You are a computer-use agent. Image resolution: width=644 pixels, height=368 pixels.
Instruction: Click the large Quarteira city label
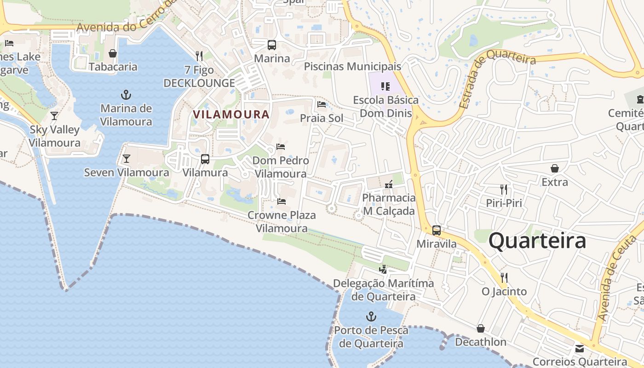click(537, 241)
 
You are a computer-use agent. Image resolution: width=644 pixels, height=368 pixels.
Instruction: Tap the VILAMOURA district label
click(231, 114)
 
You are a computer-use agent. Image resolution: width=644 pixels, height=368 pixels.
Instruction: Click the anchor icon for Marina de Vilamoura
click(126, 95)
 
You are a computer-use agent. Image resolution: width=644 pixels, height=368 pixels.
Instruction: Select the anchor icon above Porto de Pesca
click(371, 316)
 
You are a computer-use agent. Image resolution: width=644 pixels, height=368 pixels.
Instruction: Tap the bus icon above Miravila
click(437, 230)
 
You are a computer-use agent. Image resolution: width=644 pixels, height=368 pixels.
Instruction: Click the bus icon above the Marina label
click(272, 45)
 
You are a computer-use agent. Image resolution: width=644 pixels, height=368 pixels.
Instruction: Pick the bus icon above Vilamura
click(205, 159)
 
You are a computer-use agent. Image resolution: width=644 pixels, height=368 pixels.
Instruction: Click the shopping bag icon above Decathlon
click(481, 328)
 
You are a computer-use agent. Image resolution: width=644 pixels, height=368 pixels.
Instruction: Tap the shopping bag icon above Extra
click(555, 168)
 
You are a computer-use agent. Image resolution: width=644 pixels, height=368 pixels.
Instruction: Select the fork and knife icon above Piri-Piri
click(504, 189)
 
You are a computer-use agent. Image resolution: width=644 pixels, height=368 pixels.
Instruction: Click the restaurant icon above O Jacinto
click(504, 277)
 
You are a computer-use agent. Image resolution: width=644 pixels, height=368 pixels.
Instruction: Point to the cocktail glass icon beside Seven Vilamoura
click(126, 159)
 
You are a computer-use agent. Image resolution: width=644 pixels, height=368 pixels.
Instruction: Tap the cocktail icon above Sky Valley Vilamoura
click(54, 115)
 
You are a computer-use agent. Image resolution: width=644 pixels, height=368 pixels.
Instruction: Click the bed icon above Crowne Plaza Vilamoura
click(282, 201)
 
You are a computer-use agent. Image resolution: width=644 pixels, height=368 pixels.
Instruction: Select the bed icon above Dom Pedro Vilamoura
click(281, 147)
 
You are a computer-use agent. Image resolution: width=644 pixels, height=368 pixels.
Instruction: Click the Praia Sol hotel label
click(322, 118)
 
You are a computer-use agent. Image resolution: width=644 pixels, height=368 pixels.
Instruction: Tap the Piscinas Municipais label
click(352, 66)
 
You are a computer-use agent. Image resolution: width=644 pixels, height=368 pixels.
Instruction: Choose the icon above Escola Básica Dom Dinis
click(385, 86)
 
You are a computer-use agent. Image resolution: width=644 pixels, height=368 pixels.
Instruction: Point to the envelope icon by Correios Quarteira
click(579, 348)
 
